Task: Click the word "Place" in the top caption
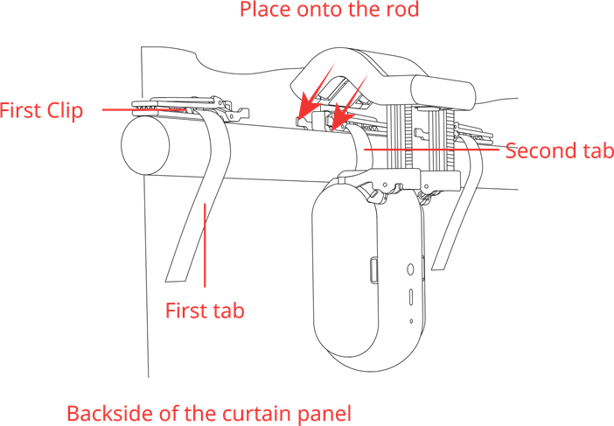click(x=266, y=9)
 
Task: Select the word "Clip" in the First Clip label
click(x=65, y=111)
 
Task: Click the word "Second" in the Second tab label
click(x=541, y=150)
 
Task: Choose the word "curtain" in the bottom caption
click(x=257, y=414)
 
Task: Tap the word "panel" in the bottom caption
click(x=324, y=415)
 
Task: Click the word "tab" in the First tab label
click(x=227, y=311)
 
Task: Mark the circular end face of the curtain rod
click(x=145, y=145)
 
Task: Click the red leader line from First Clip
click(x=143, y=110)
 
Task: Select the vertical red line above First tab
click(x=205, y=246)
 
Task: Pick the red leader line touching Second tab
click(x=431, y=150)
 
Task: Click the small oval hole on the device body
click(x=410, y=269)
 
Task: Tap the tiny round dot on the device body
click(x=411, y=321)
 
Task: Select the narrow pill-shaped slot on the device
click(x=410, y=297)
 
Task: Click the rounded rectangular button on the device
click(x=373, y=269)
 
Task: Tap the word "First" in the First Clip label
click(x=20, y=110)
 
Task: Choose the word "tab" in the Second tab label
click(x=597, y=150)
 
